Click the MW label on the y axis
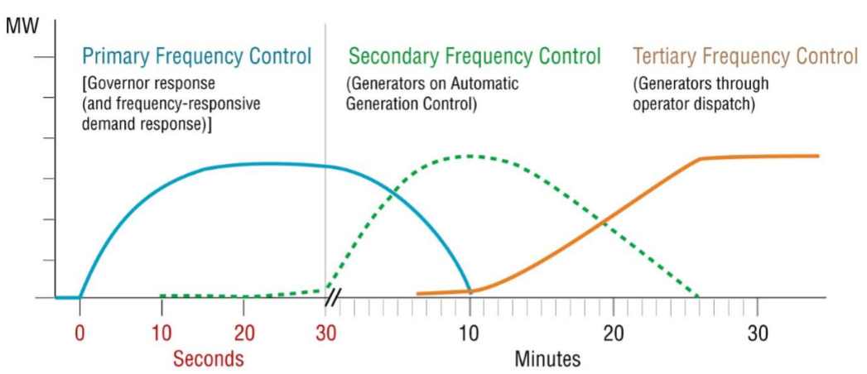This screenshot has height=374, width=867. (x=22, y=27)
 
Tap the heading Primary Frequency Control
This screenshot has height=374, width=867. (x=197, y=55)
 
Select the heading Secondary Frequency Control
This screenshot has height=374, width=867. (x=474, y=55)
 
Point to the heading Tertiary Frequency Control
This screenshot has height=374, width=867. (x=746, y=55)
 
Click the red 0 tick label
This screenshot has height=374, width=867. (x=80, y=334)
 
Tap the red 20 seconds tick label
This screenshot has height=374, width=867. (x=243, y=334)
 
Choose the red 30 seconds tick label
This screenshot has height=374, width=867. (x=325, y=334)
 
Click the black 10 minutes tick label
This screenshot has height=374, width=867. (x=470, y=334)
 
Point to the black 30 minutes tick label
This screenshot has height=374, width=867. (x=757, y=334)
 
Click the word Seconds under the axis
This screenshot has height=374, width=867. (x=209, y=359)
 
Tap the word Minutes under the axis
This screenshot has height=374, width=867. (x=548, y=359)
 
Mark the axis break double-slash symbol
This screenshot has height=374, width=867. (x=332, y=298)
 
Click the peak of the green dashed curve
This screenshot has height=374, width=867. (x=470, y=156)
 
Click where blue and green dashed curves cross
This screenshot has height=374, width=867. (x=392, y=193)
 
